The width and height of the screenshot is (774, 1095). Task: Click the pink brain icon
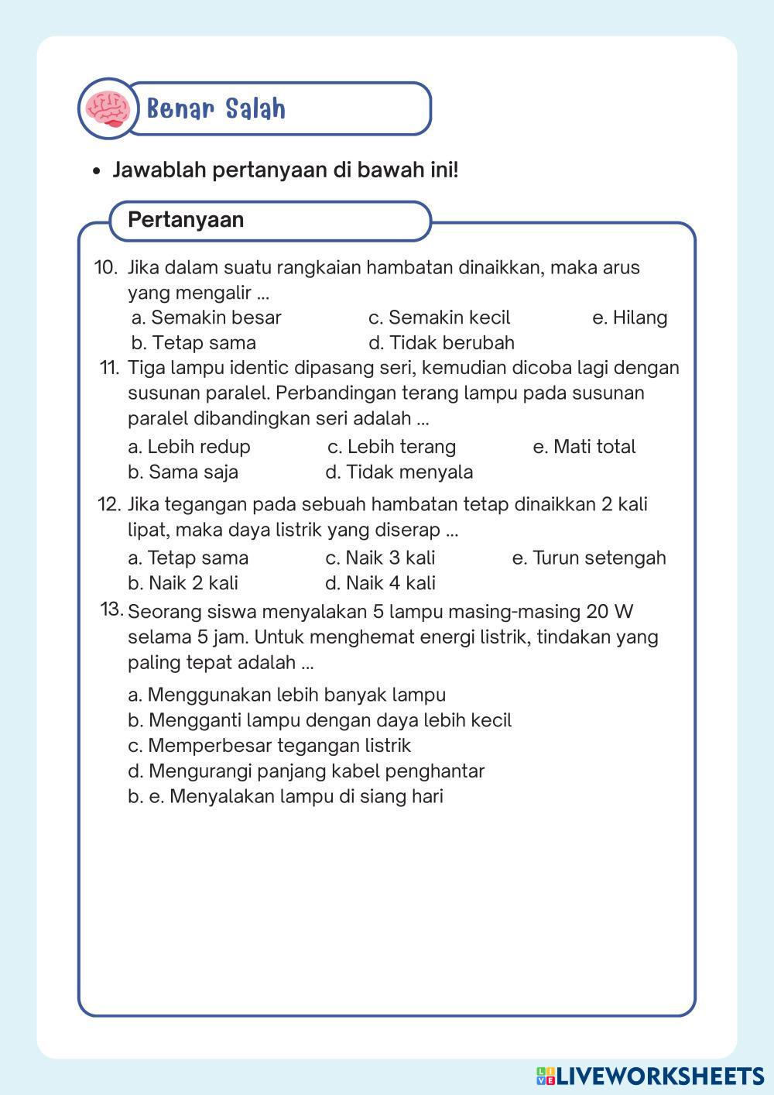tap(108, 108)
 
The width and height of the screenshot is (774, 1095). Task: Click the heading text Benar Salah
tap(216, 109)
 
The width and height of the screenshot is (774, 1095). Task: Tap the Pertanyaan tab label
tap(186, 220)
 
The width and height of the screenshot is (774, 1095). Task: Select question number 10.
tap(105, 268)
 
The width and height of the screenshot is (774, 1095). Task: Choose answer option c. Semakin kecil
tap(439, 318)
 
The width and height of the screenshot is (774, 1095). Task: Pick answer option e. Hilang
tap(629, 318)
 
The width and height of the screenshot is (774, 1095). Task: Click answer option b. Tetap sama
tap(193, 343)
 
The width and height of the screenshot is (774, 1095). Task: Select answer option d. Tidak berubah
tap(441, 343)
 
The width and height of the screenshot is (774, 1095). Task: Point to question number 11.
tap(109, 368)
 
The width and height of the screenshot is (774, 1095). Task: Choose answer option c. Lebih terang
tap(392, 447)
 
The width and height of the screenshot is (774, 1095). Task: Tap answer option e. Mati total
tap(584, 447)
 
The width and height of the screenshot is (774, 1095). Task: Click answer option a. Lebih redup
tap(189, 447)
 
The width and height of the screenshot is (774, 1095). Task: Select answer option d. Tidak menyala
tap(399, 472)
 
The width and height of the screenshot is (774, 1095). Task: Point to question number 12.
tap(109, 505)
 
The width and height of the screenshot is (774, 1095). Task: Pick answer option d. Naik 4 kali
tap(380, 583)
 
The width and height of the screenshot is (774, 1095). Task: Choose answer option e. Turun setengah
tap(588, 558)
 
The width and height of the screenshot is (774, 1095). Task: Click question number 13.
tap(112, 609)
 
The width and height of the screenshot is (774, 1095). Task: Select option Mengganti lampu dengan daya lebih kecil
tap(319, 720)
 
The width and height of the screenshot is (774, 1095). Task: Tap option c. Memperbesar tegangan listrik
tap(269, 746)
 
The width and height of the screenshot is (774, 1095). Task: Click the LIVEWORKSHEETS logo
tap(650, 1076)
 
